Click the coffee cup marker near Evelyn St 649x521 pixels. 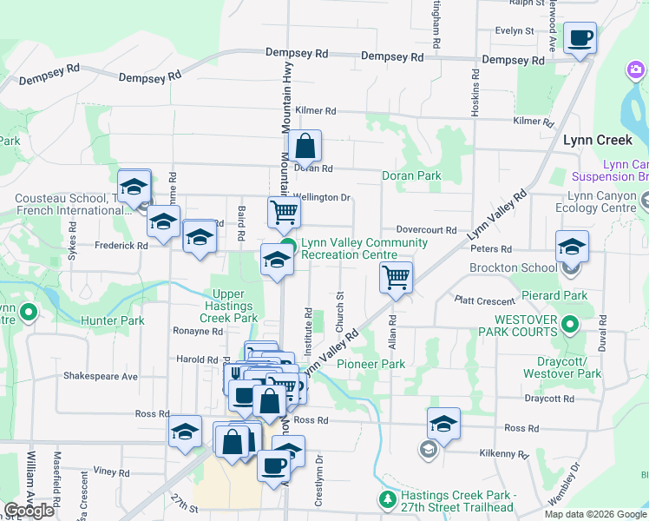click(x=580, y=38)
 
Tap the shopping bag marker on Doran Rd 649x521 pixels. click(x=305, y=147)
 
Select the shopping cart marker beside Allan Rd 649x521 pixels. click(x=396, y=279)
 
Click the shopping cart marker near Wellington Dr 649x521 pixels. click(x=284, y=211)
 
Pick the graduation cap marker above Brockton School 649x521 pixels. click(x=572, y=247)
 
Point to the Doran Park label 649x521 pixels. click(x=411, y=175)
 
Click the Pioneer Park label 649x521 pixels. click(x=370, y=364)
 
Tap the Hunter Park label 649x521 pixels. click(x=112, y=320)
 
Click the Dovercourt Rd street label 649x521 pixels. click(x=427, y=230)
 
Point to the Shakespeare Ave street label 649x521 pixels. click(x=101, y=377)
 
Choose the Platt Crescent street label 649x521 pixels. click(x=485, y=300)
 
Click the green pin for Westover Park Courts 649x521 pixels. click(x=570, y=326)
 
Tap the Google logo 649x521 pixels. click(x=29, y=511)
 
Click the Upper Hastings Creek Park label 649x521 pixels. click(x=229, y=307)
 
